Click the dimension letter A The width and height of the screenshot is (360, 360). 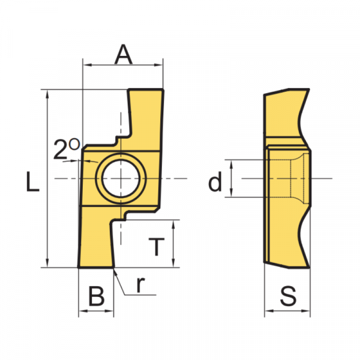tap(124, 55)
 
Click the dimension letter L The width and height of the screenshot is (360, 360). tap(33, 181)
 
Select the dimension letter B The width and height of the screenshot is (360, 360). tap(97, 296)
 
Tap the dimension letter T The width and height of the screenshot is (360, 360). tap(157, 247)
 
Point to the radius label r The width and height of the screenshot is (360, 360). tap(140, 284)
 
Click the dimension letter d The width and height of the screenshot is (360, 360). tap(215, 181)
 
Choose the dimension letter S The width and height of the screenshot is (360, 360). tap(288, 296)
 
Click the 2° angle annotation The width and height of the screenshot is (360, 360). tap(67, 149)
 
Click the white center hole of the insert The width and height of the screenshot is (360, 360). tap(121, 178)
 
